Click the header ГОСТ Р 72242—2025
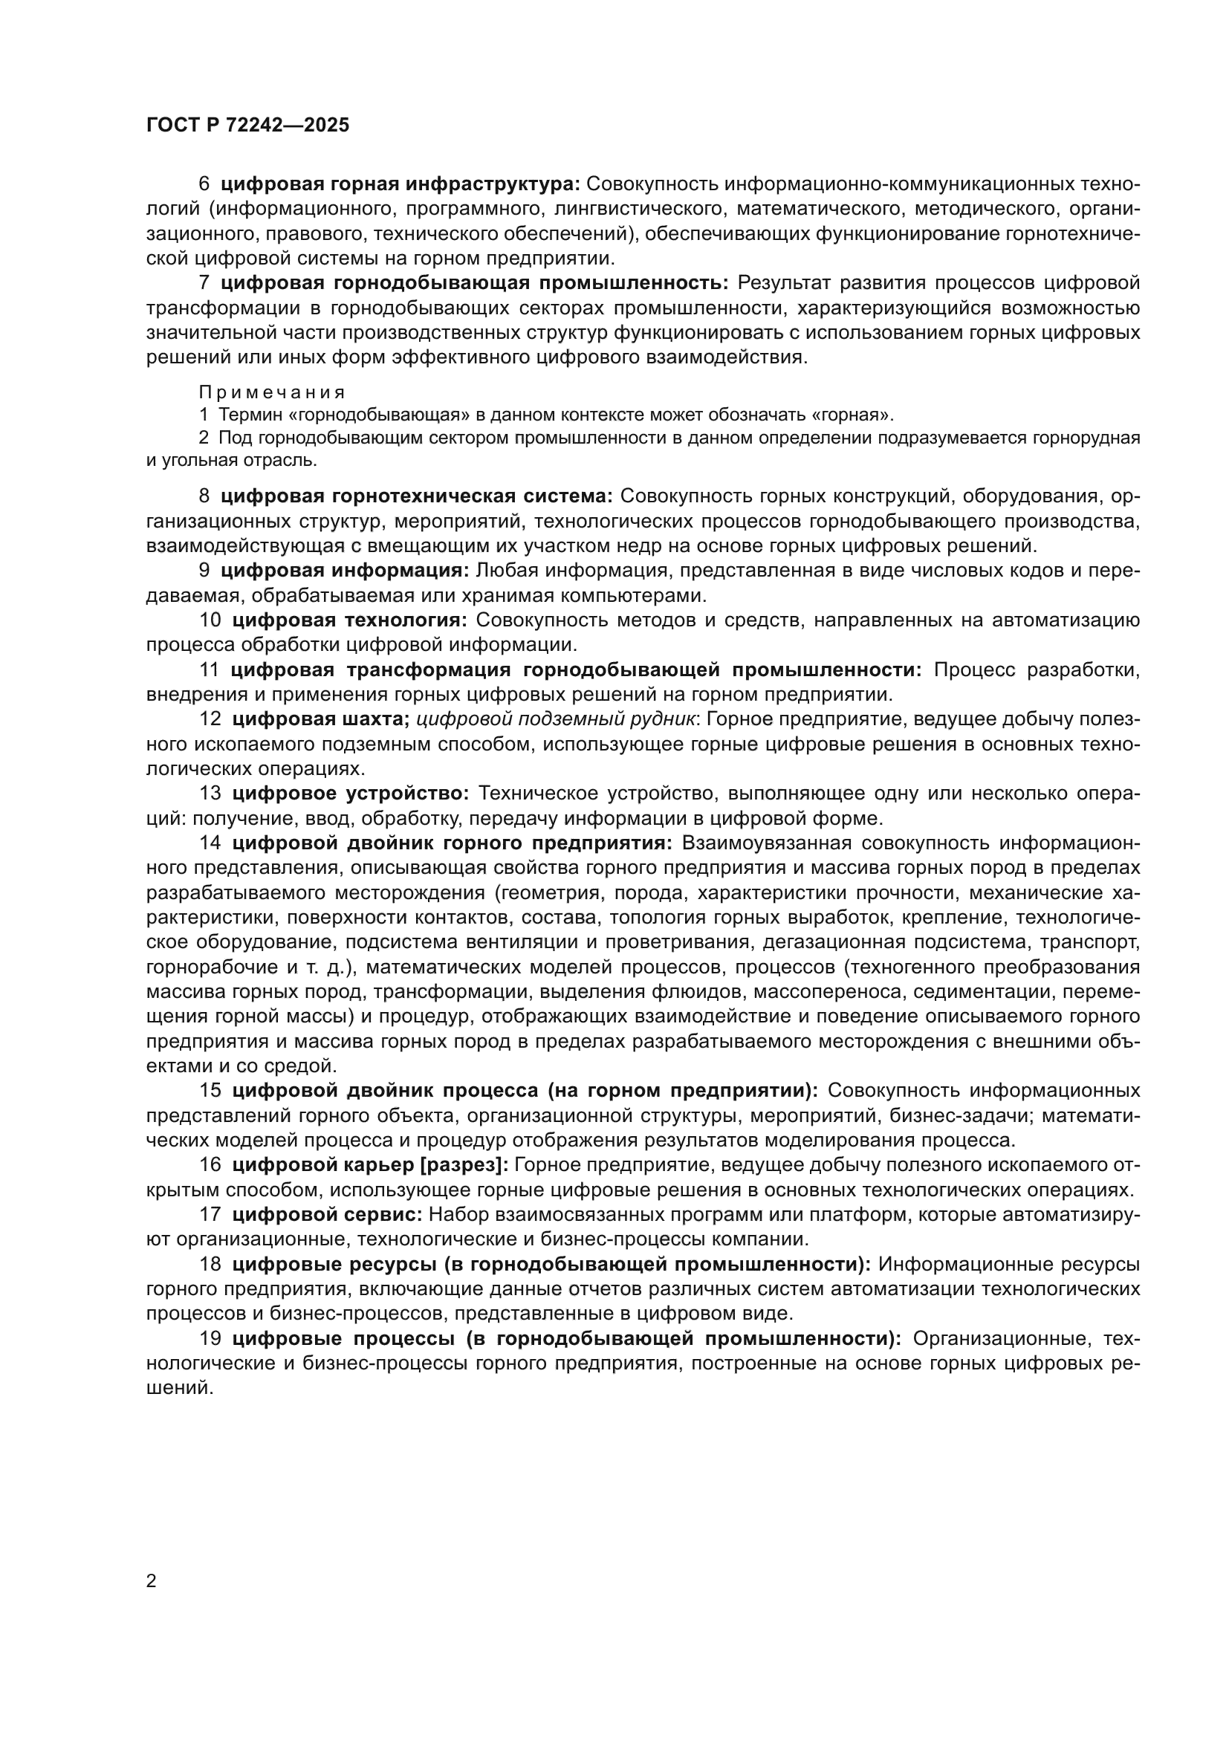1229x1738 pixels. tap(247, 126)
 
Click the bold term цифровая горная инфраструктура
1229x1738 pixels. tap(401, 184)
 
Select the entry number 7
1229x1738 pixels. tap(204, 283)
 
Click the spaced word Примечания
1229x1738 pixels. tap(273, 392)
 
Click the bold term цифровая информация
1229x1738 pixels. tap(346, 570)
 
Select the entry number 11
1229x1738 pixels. tap(209, 670)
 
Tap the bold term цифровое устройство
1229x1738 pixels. tap(351, 794)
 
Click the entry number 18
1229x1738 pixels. tap(210, 1264)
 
